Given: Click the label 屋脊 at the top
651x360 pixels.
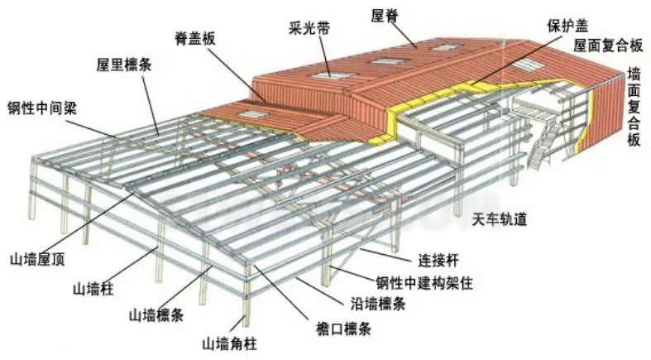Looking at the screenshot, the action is pos(385,16).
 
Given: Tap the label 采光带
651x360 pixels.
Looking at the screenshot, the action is pos(309,29).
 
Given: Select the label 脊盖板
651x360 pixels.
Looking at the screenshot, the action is pos(195,39).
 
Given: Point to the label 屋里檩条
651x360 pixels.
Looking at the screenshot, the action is pos(124,65).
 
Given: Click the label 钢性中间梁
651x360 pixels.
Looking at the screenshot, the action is pos(42,108).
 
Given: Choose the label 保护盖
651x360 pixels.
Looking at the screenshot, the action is pos(567,26).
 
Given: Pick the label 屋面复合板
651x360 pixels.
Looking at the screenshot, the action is pos(608,46).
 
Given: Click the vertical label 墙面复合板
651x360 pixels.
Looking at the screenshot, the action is pos(634,108).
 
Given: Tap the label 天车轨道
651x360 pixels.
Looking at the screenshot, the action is pos(499,218).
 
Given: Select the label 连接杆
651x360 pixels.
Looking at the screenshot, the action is pos(438,261).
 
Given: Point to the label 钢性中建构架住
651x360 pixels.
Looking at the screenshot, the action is pos(424,283).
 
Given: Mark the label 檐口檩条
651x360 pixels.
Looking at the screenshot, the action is pos(342,329).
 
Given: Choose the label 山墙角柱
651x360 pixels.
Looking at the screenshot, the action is pos(230,343).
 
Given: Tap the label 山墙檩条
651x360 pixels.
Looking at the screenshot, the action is pos(156,315).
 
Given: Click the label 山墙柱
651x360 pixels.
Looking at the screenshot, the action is pos(93,289).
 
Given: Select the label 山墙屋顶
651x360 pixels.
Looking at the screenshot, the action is pos(37,260).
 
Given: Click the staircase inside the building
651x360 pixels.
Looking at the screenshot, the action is pos(540,146).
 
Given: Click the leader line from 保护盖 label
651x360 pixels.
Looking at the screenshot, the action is pos(512,60).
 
